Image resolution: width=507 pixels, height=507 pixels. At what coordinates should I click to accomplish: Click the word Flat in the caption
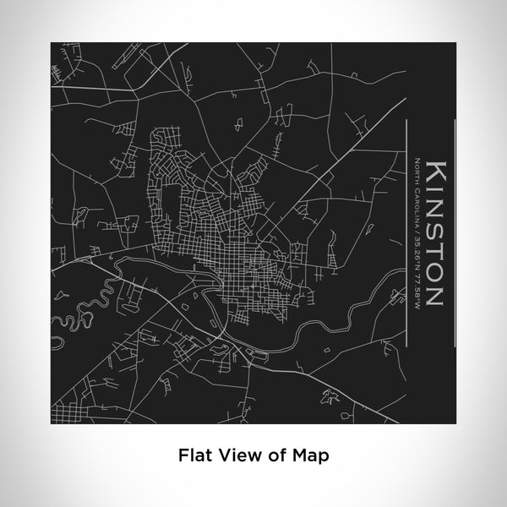(x=193, y=454)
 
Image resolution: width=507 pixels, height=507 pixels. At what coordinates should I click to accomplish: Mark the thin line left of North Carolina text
(x=406, y=228)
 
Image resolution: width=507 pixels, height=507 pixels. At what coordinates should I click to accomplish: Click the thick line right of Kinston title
(x=456, y=228)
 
